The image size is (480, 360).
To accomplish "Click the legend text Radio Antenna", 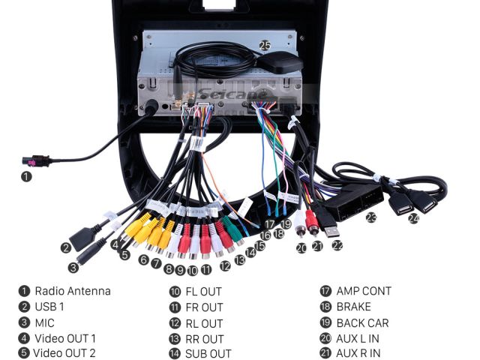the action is [72, 291].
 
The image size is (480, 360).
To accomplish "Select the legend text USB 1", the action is [49, 307].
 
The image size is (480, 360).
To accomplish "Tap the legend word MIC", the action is [44, 322].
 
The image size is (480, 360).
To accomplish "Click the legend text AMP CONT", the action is [364, 291].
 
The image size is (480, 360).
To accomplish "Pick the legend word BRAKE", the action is [353, 307].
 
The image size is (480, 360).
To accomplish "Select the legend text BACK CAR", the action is [362, 322].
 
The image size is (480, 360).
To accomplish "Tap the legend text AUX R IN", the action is [358, 353].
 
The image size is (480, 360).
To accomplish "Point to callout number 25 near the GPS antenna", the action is [265, 46].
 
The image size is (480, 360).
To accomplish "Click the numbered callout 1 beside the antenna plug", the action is [26, 177].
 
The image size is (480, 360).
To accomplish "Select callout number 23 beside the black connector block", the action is [370, 217].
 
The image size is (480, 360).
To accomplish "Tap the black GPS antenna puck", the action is [280, 64].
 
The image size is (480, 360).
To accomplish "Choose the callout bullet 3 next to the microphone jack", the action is [73, 267].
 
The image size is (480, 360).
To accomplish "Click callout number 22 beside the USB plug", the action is [337, 244].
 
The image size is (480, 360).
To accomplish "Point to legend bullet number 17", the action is [325, 291].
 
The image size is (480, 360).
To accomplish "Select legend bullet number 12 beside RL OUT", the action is [174, 322].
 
